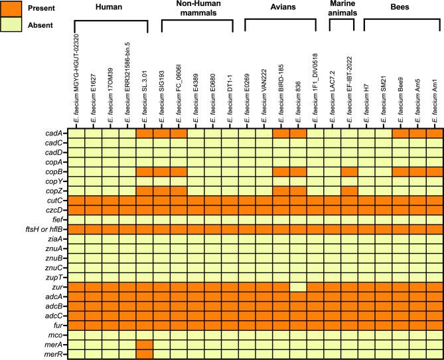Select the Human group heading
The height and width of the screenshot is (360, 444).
(x=109, y=7)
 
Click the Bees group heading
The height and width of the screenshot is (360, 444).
(x=400, y=7)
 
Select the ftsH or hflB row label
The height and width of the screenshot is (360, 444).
(x=44, y=229)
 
